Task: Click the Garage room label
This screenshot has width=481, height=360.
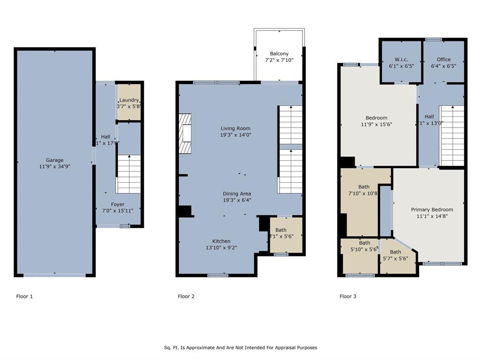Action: pos(54,160)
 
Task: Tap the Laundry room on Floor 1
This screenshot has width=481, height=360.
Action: pos(129,103)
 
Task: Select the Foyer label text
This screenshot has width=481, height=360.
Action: pos(118,205)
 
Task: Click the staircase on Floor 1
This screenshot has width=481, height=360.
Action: pos(129,174)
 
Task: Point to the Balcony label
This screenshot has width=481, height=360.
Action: pos(279,54)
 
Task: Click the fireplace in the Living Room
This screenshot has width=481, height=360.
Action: pos(185,133)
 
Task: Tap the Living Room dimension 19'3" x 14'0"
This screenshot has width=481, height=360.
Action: pos(236,134)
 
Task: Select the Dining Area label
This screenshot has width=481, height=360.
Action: pos(237,193)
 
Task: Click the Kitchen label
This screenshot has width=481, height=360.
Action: pos(221,241)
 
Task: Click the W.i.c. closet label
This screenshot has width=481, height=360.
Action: pos(401,60)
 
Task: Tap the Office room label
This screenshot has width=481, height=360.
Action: pos(443,60)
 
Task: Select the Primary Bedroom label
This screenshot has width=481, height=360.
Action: pos(432,210)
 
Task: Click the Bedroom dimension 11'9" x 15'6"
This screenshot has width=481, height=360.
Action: pos(376,124)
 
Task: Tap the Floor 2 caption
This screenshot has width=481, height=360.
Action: pos(186,297)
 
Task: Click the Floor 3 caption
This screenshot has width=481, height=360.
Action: pos(348,297)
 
